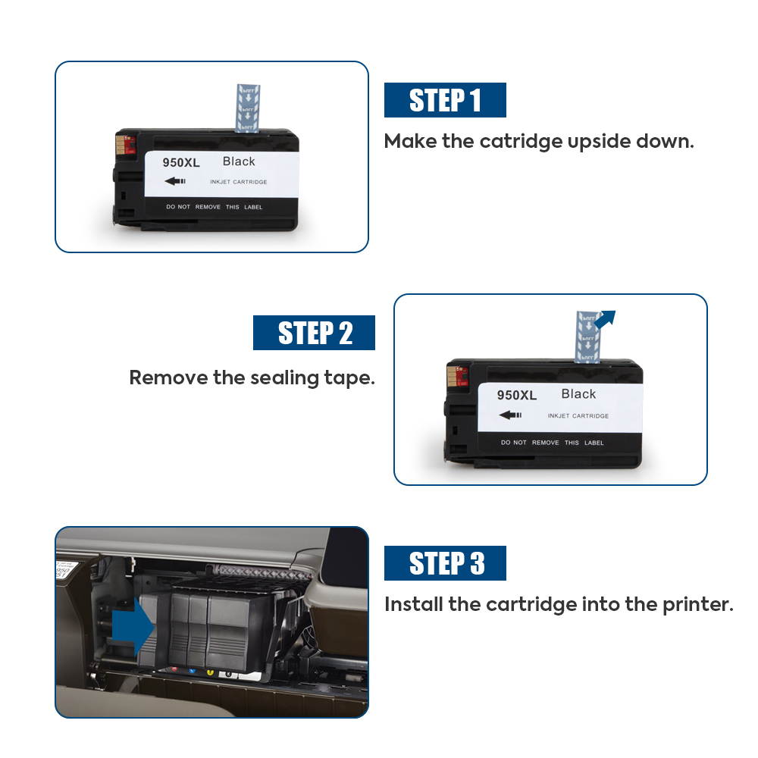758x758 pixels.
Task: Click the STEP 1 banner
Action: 445,100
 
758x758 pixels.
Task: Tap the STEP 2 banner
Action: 314,333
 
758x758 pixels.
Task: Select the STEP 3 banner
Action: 445,563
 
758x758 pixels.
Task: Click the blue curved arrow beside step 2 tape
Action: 605,319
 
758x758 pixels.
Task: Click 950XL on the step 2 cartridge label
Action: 516,396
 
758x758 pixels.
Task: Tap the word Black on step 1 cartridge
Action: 239,161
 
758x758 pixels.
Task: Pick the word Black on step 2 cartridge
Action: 578,394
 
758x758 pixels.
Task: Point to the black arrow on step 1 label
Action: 175,181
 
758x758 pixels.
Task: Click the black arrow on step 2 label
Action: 511,415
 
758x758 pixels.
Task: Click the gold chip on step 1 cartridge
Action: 119,143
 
